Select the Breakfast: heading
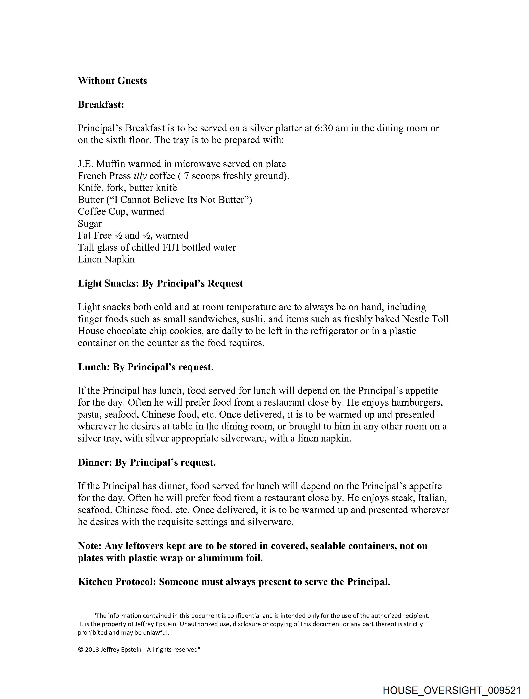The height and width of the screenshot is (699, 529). click(x=101, y=104)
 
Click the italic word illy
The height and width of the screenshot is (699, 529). click(x=140, y=176)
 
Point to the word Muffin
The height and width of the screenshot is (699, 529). click(x=111, y=164)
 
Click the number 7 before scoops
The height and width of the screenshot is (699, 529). click(x=186, y=176)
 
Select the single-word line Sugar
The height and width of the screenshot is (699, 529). click(x=90, y=223)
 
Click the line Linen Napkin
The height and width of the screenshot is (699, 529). click(x=106, y=259)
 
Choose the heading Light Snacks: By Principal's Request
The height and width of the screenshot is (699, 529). click(x=160, y=283)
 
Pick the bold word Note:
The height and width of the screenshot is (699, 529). click(x=90, y=546)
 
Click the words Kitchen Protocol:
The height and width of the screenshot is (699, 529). click(x=117, y=582)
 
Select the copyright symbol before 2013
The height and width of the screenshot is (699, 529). click(x=80, y=650)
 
